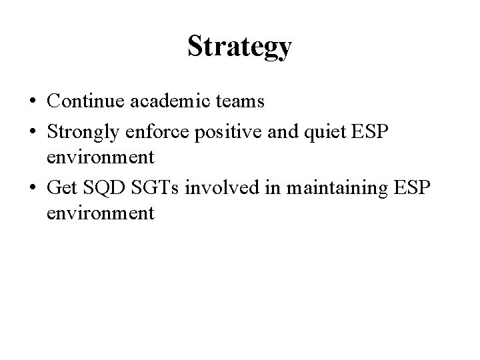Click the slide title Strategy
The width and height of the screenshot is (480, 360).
pyautogui.click(x=239, y=47)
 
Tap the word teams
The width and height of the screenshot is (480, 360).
pyautogui.click(x=241, y=101)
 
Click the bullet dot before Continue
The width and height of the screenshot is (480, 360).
pyautogui.click(x=32, y=103)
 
